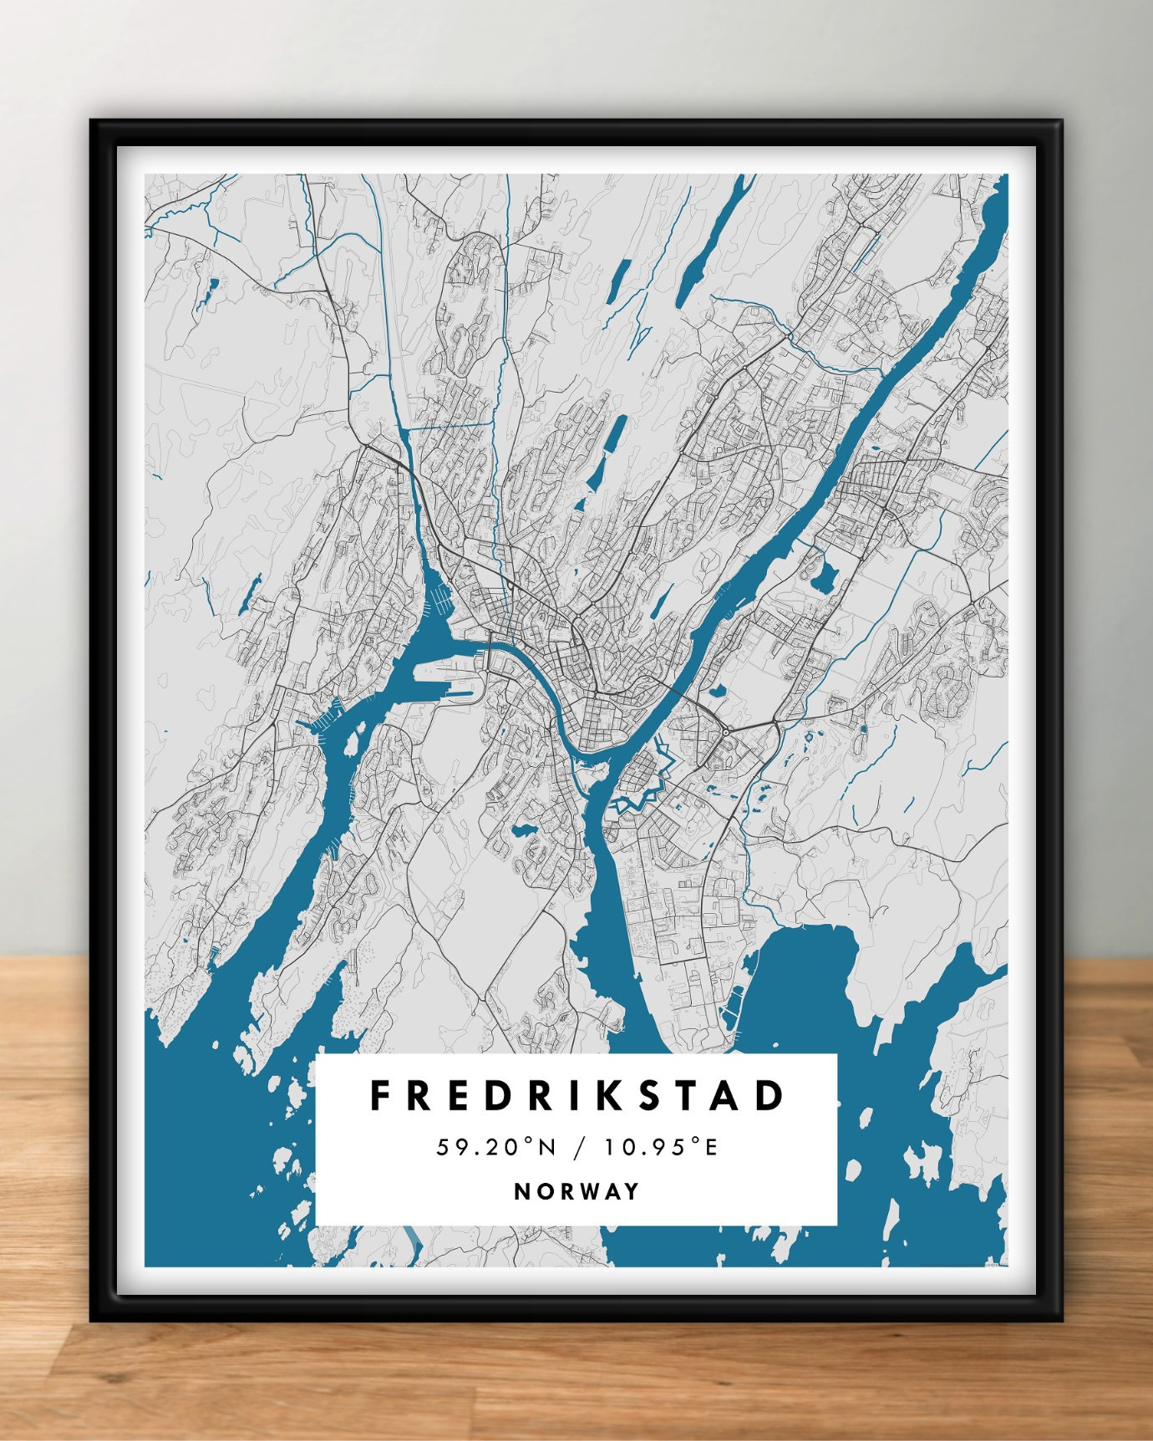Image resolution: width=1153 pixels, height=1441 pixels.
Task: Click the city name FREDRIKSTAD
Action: [577, 1096]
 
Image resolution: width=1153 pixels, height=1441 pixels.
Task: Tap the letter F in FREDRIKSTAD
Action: [381, 1096]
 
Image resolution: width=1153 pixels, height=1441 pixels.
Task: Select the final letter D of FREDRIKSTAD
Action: [772, 1096]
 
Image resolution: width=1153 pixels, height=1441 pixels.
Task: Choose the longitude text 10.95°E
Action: [662, 1148]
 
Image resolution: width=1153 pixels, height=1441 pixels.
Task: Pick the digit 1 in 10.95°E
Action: [611, 1148]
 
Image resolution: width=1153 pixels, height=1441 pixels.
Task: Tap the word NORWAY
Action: [577, 1191]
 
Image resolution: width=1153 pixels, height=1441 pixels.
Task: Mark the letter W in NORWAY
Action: [587, 1191]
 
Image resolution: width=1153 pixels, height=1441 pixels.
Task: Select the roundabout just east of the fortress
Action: [726, 732]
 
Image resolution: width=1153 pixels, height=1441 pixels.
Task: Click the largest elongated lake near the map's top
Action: [706, 242]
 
